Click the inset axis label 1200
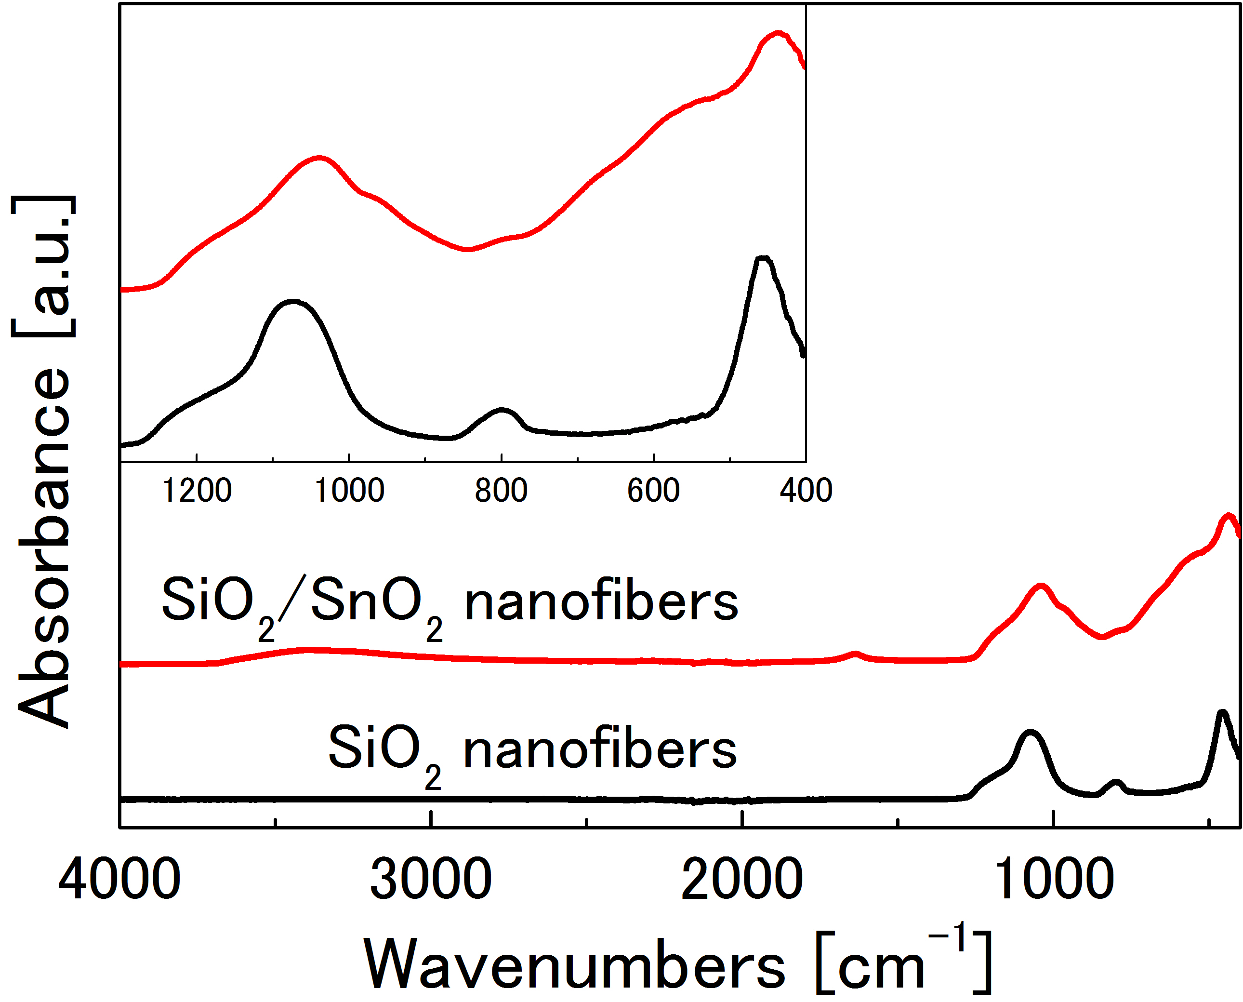197,491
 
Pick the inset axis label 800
501,491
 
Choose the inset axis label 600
653,491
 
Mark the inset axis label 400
806,491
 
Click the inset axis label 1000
349,491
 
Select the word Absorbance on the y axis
43,548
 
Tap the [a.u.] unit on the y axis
43,266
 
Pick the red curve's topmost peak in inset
779,33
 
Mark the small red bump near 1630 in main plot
856,654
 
